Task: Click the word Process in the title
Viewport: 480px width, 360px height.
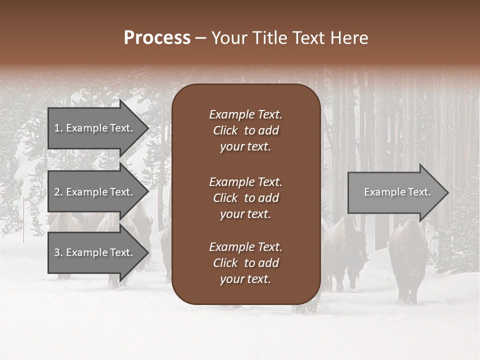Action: [x=157, y=38]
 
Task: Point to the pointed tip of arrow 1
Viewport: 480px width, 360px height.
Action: [x=147, y=128]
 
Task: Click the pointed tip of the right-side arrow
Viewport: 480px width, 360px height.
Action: [x=447, y=192]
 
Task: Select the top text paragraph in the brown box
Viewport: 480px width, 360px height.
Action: [x=245, y=130]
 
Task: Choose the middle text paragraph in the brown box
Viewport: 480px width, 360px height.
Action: [x=245, y=198]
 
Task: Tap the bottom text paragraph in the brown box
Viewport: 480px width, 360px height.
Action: [x=245, y=263]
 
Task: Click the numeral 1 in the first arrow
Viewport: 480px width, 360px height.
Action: [x=57, y=128]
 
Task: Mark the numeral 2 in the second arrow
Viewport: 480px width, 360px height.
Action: [x=57, y=192]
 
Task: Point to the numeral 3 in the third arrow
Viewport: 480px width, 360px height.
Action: [x=57, y=252]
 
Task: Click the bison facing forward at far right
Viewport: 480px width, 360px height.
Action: [x=408, y=260]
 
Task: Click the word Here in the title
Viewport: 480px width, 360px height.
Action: [x=349, y=38]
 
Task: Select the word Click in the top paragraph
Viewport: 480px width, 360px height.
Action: [x=225, y=130]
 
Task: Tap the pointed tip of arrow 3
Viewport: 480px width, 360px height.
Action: [x=147, y=252]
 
